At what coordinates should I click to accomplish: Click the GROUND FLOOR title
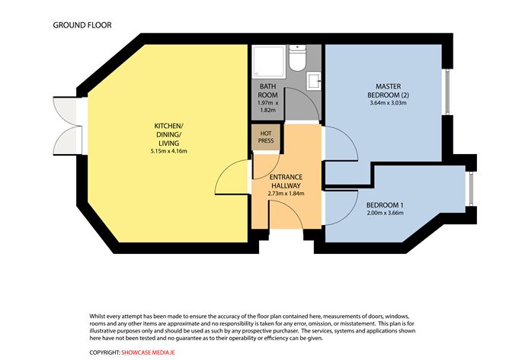82,24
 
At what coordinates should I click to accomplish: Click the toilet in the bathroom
301,57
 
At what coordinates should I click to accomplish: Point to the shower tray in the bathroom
271,59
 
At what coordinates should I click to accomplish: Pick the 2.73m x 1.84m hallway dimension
286,193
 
